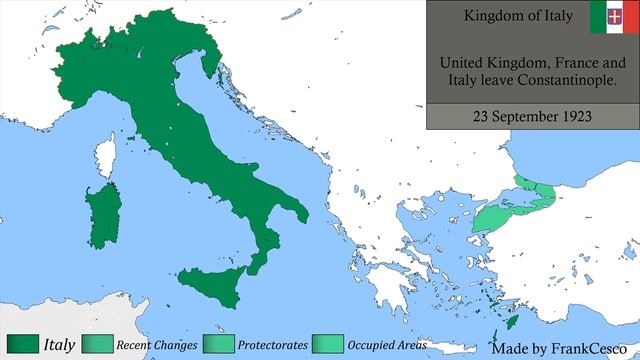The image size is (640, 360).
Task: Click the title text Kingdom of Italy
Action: click(506, 16)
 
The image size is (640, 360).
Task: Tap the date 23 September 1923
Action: click(533, 116)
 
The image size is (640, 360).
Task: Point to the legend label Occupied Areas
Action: click(387, 346)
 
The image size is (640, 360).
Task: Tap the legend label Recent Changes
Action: click(154, 346)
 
